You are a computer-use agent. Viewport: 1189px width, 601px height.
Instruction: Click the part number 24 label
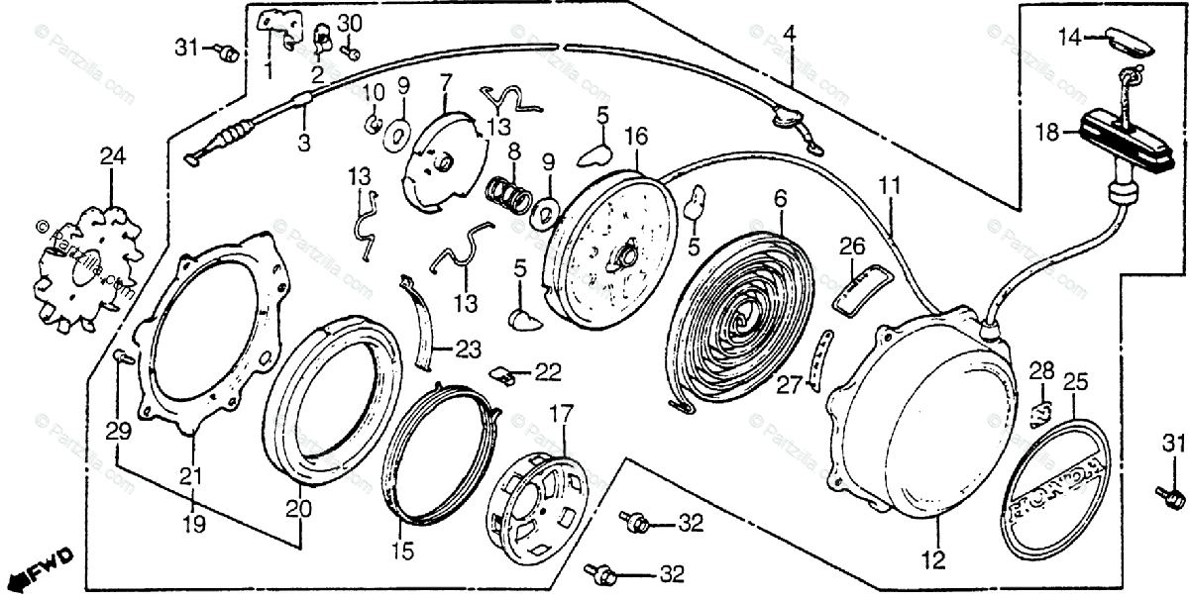112,156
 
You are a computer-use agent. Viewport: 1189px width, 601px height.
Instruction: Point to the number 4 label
789,35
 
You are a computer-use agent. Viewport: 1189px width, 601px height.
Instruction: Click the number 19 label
194,524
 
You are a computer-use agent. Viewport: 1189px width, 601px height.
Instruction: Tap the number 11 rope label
890,184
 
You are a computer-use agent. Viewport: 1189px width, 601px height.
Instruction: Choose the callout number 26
851,245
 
